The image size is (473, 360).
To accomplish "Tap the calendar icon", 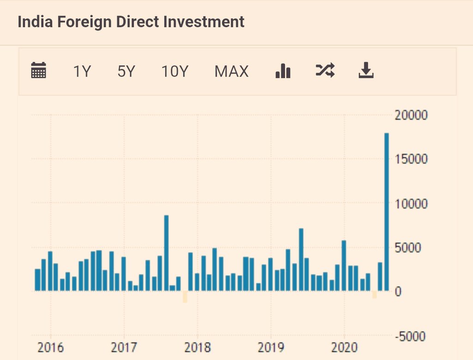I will [38, 71].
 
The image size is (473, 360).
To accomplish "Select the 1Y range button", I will [82, 72].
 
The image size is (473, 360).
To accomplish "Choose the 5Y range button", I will [126, 72].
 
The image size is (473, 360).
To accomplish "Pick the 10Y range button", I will [175, 72].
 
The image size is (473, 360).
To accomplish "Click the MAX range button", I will [231, 72].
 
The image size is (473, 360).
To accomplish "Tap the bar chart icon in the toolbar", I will [283, 71].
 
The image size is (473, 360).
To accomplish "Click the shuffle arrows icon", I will [325, 70].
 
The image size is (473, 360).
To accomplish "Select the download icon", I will [366, 71].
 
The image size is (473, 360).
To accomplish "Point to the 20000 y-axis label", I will [412, 115].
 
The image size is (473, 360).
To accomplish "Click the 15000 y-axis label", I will [412, 159].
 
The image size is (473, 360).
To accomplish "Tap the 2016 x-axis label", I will [50, 347].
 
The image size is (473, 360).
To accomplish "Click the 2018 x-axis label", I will [197, 347].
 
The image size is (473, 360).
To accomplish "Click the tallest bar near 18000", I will [387, 212].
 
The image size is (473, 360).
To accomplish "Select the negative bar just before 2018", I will [185, 296].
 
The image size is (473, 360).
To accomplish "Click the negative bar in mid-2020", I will [374, 294].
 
